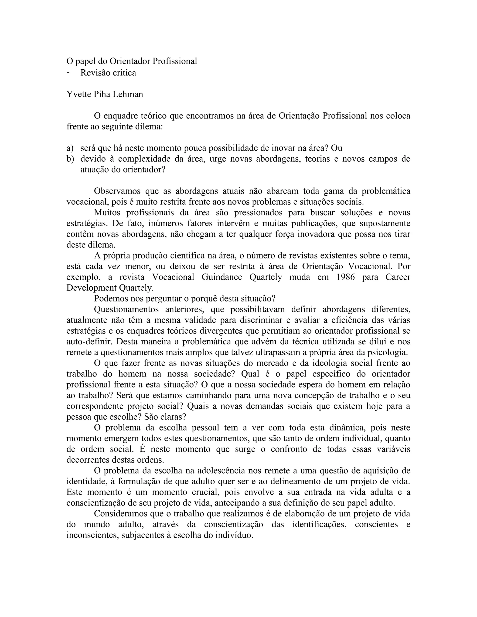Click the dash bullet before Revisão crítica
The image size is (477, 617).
[68, 73]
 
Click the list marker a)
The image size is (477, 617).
[70, 148]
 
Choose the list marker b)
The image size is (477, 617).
[70, 159]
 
